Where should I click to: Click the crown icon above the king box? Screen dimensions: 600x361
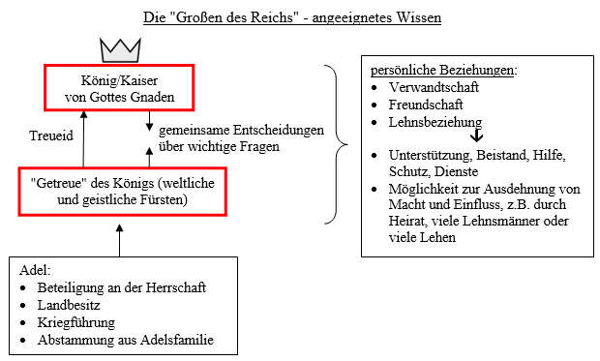click(121, 50)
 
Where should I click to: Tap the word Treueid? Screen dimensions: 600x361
click(51, 135)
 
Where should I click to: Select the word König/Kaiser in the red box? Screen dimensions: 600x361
click(119, 80)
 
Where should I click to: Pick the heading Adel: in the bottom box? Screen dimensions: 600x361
click(35, 270)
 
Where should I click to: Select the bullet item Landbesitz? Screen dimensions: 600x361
click(69, 305)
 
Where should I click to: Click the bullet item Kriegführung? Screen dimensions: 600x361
click(76, 322)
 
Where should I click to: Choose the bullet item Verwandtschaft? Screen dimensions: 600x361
click(434, 87)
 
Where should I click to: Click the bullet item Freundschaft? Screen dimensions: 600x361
click(426, 105)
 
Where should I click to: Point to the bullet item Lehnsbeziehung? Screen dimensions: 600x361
click(435, 122)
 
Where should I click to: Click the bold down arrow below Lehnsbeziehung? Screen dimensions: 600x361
click(477, 135)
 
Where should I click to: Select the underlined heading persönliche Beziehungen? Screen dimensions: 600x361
click(442, 70)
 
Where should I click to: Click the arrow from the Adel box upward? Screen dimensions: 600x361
click(119, 240)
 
